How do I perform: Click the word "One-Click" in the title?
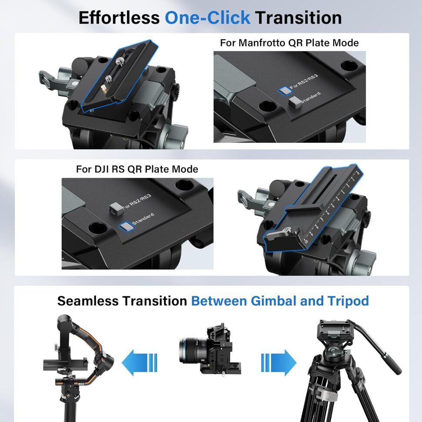[208, 18]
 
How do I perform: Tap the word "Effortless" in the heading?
[119, 18]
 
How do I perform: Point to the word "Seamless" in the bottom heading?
[88, 301]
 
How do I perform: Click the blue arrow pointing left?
[139, 362]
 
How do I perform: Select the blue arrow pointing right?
[279, 362]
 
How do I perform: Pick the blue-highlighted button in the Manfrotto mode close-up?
[285, 90]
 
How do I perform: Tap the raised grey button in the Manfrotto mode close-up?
[295, 102]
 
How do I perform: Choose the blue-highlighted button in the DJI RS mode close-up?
[127, 226]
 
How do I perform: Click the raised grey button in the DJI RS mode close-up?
[116, 208]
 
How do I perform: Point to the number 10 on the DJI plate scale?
[306, 241]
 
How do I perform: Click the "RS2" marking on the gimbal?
[81, 384]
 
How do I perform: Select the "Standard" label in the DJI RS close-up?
[143, 218]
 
